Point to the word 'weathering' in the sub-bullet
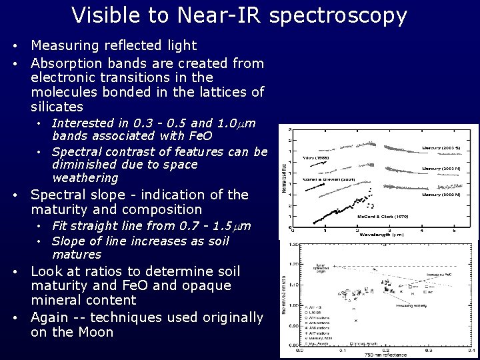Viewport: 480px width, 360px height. pyautogui.click(x=85, y=178)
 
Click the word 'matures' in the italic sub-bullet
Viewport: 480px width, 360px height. pyautogui.click(x=77, y=254)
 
